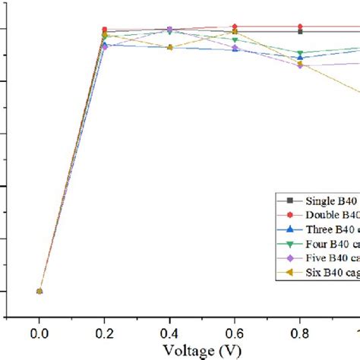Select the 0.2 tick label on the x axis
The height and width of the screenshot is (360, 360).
105,333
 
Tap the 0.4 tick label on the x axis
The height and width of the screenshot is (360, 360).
169,333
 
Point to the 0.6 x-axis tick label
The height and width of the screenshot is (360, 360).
235,333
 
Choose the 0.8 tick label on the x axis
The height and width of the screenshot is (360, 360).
300,333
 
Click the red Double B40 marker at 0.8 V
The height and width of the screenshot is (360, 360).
300,27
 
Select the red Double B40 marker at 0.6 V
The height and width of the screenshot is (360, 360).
235,27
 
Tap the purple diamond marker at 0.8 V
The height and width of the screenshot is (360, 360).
300,65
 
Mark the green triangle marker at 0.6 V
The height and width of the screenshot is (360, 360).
235,39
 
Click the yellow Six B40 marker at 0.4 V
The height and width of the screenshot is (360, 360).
169,47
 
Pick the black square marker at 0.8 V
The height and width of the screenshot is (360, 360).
300,31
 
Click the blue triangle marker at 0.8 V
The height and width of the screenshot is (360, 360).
300,58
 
